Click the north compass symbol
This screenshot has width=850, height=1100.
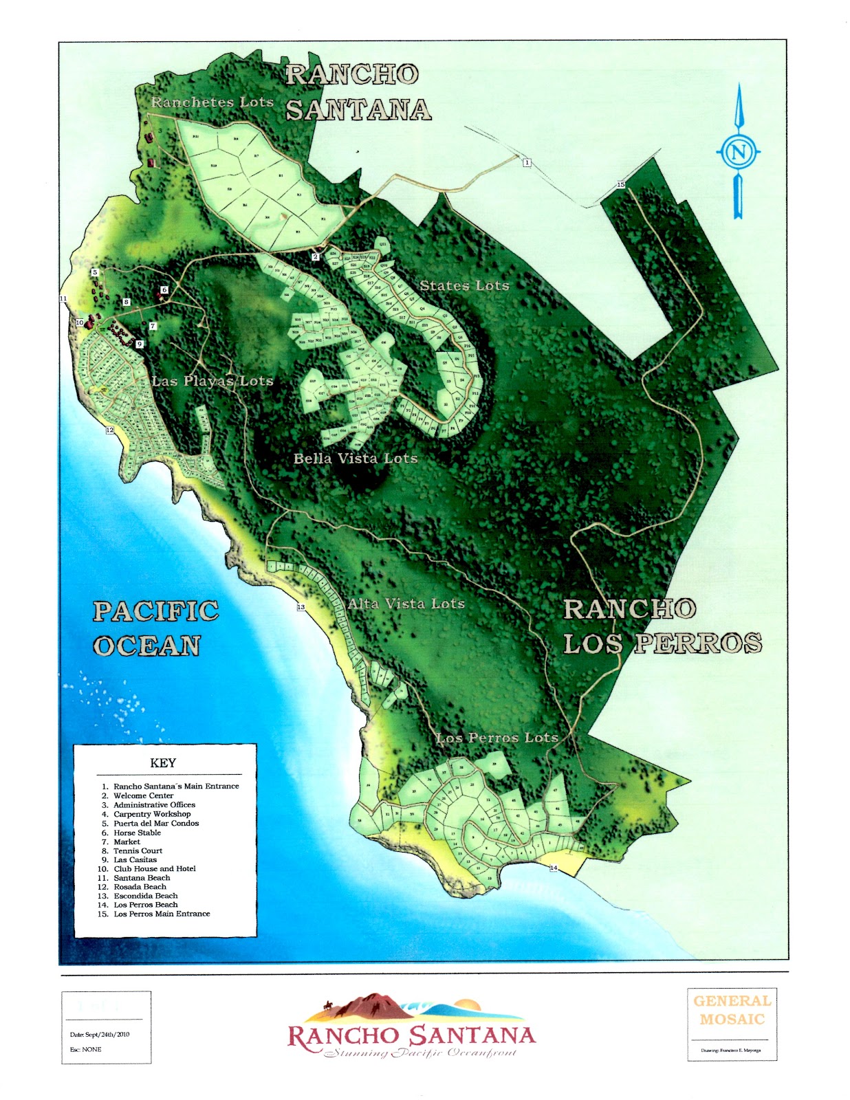pos(738,151)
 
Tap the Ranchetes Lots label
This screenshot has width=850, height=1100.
pos(212,102)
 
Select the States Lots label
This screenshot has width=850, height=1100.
pos(464,285)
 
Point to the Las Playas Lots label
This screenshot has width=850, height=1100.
pos(212,381)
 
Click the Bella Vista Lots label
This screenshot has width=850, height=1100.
pos(356,458)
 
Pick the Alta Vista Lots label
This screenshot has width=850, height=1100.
pos(406,604)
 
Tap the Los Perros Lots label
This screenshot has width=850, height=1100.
pos(497,738)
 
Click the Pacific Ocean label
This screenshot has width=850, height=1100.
pos(155,628)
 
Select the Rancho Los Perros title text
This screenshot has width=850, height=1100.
pos(662,626)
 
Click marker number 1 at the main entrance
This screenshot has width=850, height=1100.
pos(527,163)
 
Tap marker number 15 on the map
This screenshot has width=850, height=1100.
pos(620,185)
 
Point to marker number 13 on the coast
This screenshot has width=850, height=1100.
pos(301,607)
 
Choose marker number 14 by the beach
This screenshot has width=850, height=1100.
pos(553,868)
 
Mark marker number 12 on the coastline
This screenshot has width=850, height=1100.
pos(109,430)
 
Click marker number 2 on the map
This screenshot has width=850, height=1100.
pos(316,257)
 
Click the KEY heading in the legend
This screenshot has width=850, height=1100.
pos(163,763)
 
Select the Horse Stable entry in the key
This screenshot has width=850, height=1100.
pos(137,833)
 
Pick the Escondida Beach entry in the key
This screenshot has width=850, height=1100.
pos(145,896)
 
